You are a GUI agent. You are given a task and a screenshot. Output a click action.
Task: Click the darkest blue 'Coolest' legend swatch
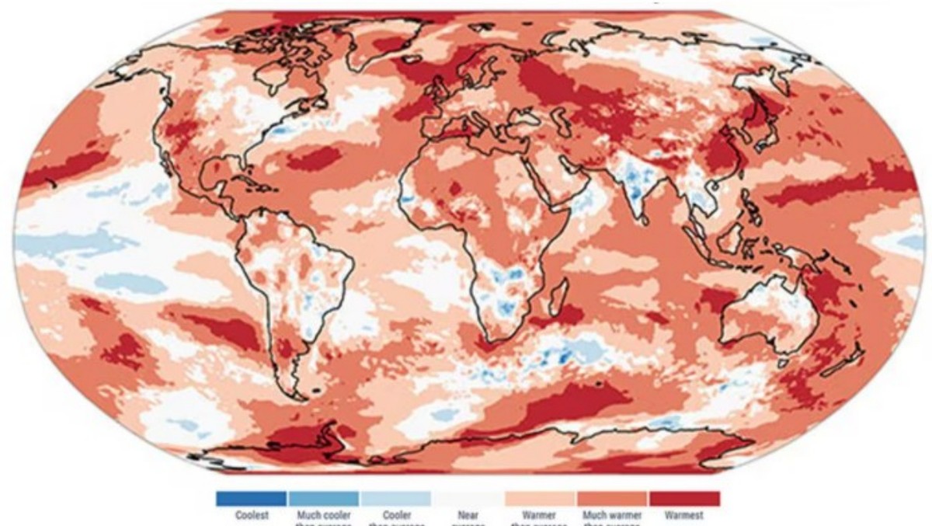251,498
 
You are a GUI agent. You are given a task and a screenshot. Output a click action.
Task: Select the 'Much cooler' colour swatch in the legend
323,498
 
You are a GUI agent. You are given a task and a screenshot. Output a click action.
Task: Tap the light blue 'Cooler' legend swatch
395,498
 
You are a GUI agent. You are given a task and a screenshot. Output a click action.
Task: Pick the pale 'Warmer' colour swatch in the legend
540,498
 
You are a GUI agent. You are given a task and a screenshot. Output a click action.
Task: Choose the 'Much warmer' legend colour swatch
612,498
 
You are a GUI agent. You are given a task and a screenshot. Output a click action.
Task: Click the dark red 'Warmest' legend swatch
684,498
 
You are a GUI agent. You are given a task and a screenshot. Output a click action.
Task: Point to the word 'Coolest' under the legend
251,514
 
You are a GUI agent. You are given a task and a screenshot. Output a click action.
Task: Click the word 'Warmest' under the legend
684,514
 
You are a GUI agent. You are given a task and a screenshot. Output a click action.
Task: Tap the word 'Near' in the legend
468,514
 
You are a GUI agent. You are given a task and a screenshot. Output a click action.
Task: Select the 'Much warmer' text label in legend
612,514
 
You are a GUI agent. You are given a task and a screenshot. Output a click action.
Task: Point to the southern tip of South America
299,385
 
